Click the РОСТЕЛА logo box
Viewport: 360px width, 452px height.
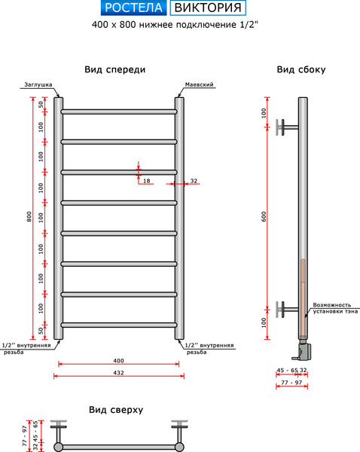click(x=134, y=8)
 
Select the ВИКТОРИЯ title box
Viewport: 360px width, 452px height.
click(x=208, y=8)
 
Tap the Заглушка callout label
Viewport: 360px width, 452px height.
click(x=38, y=84)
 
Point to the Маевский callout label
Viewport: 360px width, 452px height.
click(x=199, y=84)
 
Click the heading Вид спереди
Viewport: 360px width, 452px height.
click(x=115, y=69)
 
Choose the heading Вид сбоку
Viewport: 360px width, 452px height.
click(x=301, y=69)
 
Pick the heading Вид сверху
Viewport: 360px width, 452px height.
click(x=116, y=410)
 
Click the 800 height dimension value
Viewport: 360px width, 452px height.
click(x=29, y=217)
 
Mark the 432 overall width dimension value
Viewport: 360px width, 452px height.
click(x=118, y=373)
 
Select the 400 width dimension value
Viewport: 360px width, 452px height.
click(x=118, y=361)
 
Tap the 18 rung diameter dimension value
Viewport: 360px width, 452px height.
click(x=147, y=181)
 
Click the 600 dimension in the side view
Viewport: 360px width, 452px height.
click(x=264, y=217)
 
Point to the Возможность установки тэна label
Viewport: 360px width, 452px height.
click(x=335, y=308)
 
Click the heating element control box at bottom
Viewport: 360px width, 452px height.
click(x=304, y=350)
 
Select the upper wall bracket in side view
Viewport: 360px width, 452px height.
click(x=287, y=127)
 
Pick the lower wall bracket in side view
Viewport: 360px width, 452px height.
click(x=287, y=310)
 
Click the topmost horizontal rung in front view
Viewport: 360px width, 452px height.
click(x=119, y=111)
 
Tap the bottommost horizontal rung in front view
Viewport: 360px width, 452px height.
click(x=119, y=325)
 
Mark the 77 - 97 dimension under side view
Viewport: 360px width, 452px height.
click(x=291, y=382)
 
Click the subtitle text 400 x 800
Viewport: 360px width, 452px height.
click(x=114, y=25)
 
